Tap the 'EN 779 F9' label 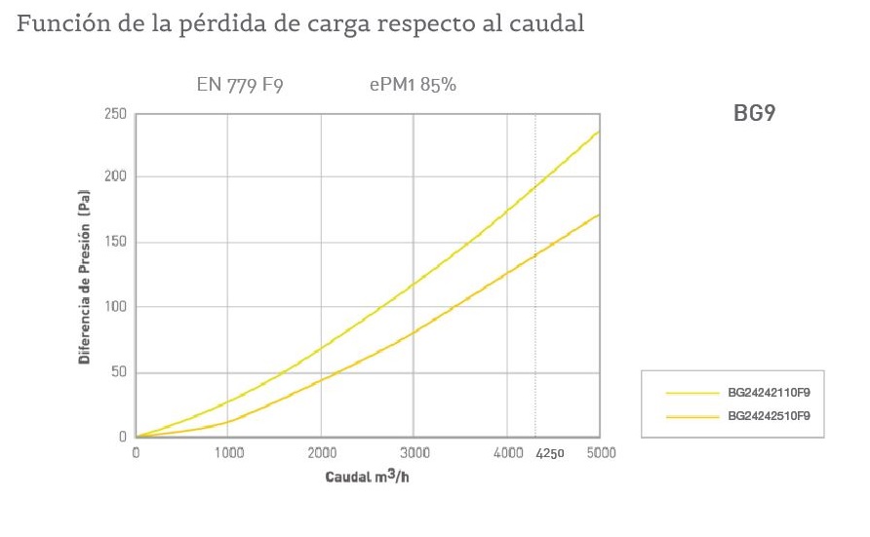coord(240,85)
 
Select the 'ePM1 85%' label coord(413,85)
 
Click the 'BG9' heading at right coord(754,114)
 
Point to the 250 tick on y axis coord(116,114)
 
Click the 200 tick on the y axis coord(116,176)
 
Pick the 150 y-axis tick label coord(116,242)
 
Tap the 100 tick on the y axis coord(116,307)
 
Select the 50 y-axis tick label coord(119,372)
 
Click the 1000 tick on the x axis coord(228,453)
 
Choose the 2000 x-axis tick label coord(321,453)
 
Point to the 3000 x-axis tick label coord(414,453)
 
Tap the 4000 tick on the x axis coord(506,453)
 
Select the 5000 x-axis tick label coord(600,453)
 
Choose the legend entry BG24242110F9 coord(770,394)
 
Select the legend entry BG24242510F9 coord(770,416)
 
